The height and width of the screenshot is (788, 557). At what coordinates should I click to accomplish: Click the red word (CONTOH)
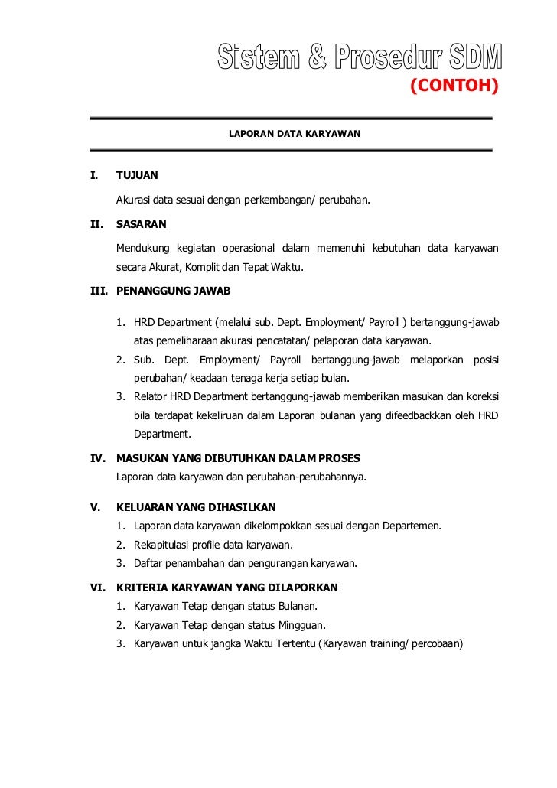coord(454,85)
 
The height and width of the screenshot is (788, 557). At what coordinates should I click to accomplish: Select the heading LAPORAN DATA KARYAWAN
coord(295,134)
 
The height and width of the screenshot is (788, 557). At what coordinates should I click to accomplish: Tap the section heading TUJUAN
coord(137,175)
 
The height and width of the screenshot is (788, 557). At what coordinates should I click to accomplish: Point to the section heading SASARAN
coord(141,225)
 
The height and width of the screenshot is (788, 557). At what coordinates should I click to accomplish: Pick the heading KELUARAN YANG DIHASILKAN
coord(196,507)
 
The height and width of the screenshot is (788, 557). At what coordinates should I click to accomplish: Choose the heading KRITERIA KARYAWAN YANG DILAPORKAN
coord(226,588)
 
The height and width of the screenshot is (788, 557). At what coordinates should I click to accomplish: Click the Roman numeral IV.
coord(97,458)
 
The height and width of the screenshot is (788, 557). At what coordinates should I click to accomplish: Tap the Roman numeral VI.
coord(97,588)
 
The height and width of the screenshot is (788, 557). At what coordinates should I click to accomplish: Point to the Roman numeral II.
coord(96,225)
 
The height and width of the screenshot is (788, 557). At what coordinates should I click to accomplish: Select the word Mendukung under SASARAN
coord(142,248)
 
